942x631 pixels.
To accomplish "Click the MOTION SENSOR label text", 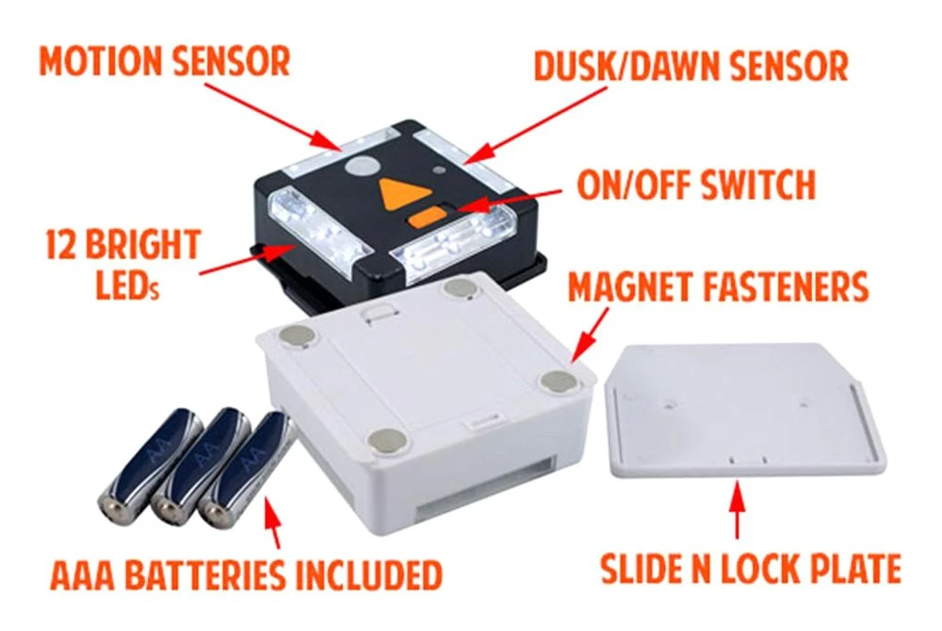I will coord(165,61).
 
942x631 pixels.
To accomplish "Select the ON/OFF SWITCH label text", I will coord(696,186).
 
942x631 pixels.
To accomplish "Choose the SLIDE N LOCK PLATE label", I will coord(750,569).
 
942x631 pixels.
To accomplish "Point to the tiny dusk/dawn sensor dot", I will coord(439,172).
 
